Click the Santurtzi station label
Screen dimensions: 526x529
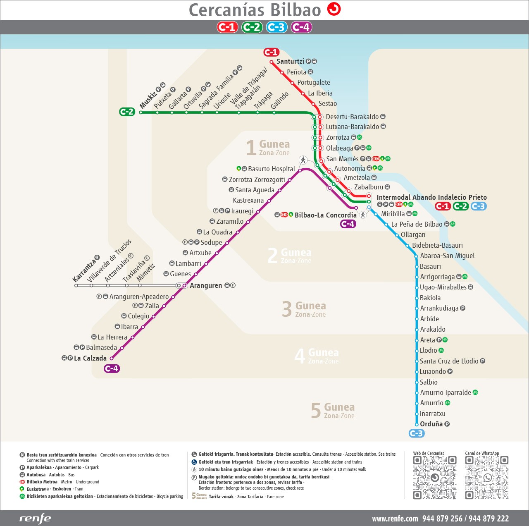point(290,62)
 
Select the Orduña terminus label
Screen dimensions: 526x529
point(431,424)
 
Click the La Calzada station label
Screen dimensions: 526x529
point(90,358)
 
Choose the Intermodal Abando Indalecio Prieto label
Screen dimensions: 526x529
point(431,197)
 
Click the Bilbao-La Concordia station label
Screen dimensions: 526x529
point(325,215)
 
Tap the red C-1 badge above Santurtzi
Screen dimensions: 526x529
point(271,52)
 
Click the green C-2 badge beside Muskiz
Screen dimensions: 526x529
point(127,112)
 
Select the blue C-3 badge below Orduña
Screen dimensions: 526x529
point(416,433)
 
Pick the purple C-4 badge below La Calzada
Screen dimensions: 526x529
point(112,368)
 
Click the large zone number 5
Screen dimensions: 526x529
point(316,411)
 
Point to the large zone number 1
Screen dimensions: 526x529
point(251,148)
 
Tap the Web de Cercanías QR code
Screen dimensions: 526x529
point(434,478)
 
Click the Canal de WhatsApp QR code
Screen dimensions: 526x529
point(486,478)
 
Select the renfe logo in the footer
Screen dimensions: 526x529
point(35,518)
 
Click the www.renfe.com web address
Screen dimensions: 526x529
point(395,519)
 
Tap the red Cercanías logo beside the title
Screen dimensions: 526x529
point(334,9)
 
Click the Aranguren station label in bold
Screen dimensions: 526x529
point(206,285)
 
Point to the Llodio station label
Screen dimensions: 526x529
point(428,350)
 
